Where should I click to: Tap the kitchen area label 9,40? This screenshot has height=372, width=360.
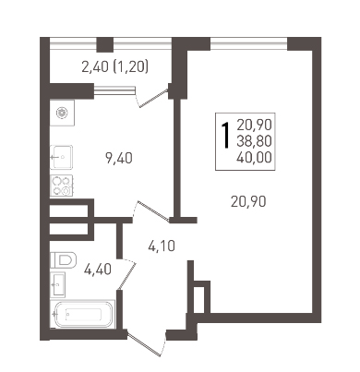point(119,159)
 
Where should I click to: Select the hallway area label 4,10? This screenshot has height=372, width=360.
point(162,246)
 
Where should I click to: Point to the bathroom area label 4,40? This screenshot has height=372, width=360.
point(98,270)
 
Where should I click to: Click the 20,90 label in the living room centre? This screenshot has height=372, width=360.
point(248,201)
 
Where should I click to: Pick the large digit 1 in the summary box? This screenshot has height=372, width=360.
point(226,136)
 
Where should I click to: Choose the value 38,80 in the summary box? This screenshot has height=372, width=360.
point(254,141)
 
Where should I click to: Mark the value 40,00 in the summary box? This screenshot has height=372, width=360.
point(254,158)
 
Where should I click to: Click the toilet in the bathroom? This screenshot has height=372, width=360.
point(63,259)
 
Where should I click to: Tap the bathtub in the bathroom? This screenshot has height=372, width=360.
point(83,314)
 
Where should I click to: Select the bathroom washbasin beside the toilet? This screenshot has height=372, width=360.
point(58,284)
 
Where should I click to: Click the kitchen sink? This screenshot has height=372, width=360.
point(62,157)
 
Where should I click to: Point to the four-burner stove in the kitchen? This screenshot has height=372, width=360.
point(62,186)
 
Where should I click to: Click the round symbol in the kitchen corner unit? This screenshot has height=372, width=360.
point(62,113)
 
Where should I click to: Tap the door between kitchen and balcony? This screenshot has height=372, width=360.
point(152,96)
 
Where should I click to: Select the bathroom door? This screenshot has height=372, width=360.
point(126,274)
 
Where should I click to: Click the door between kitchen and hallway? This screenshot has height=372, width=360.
point(150,211)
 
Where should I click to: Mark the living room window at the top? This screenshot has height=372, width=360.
point(248,43)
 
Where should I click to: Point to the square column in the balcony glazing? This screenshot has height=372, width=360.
point(105,44)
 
